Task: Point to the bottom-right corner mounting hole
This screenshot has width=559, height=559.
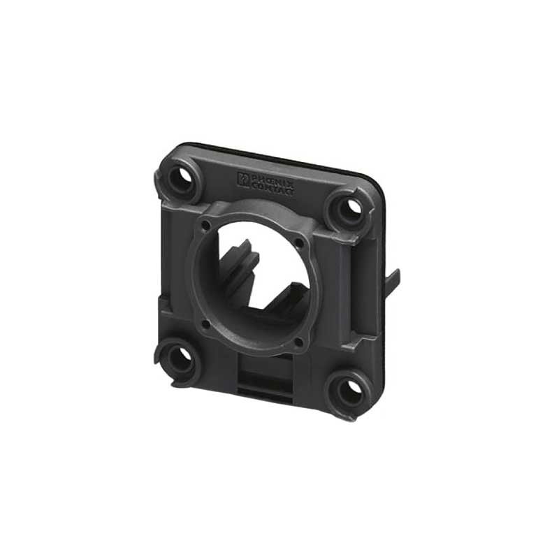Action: click(349, 391)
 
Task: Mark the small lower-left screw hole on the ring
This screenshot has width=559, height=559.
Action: click(204, 324)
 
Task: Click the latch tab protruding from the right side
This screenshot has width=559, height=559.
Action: click(393, 280)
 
